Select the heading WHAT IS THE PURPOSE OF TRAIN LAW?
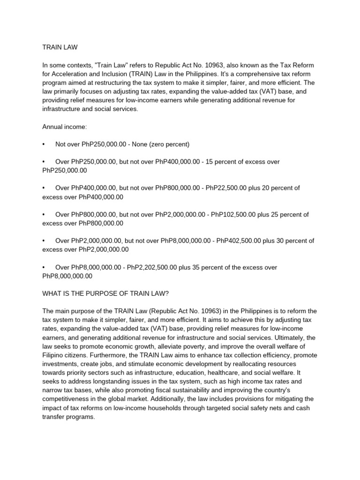tap(105, 293)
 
